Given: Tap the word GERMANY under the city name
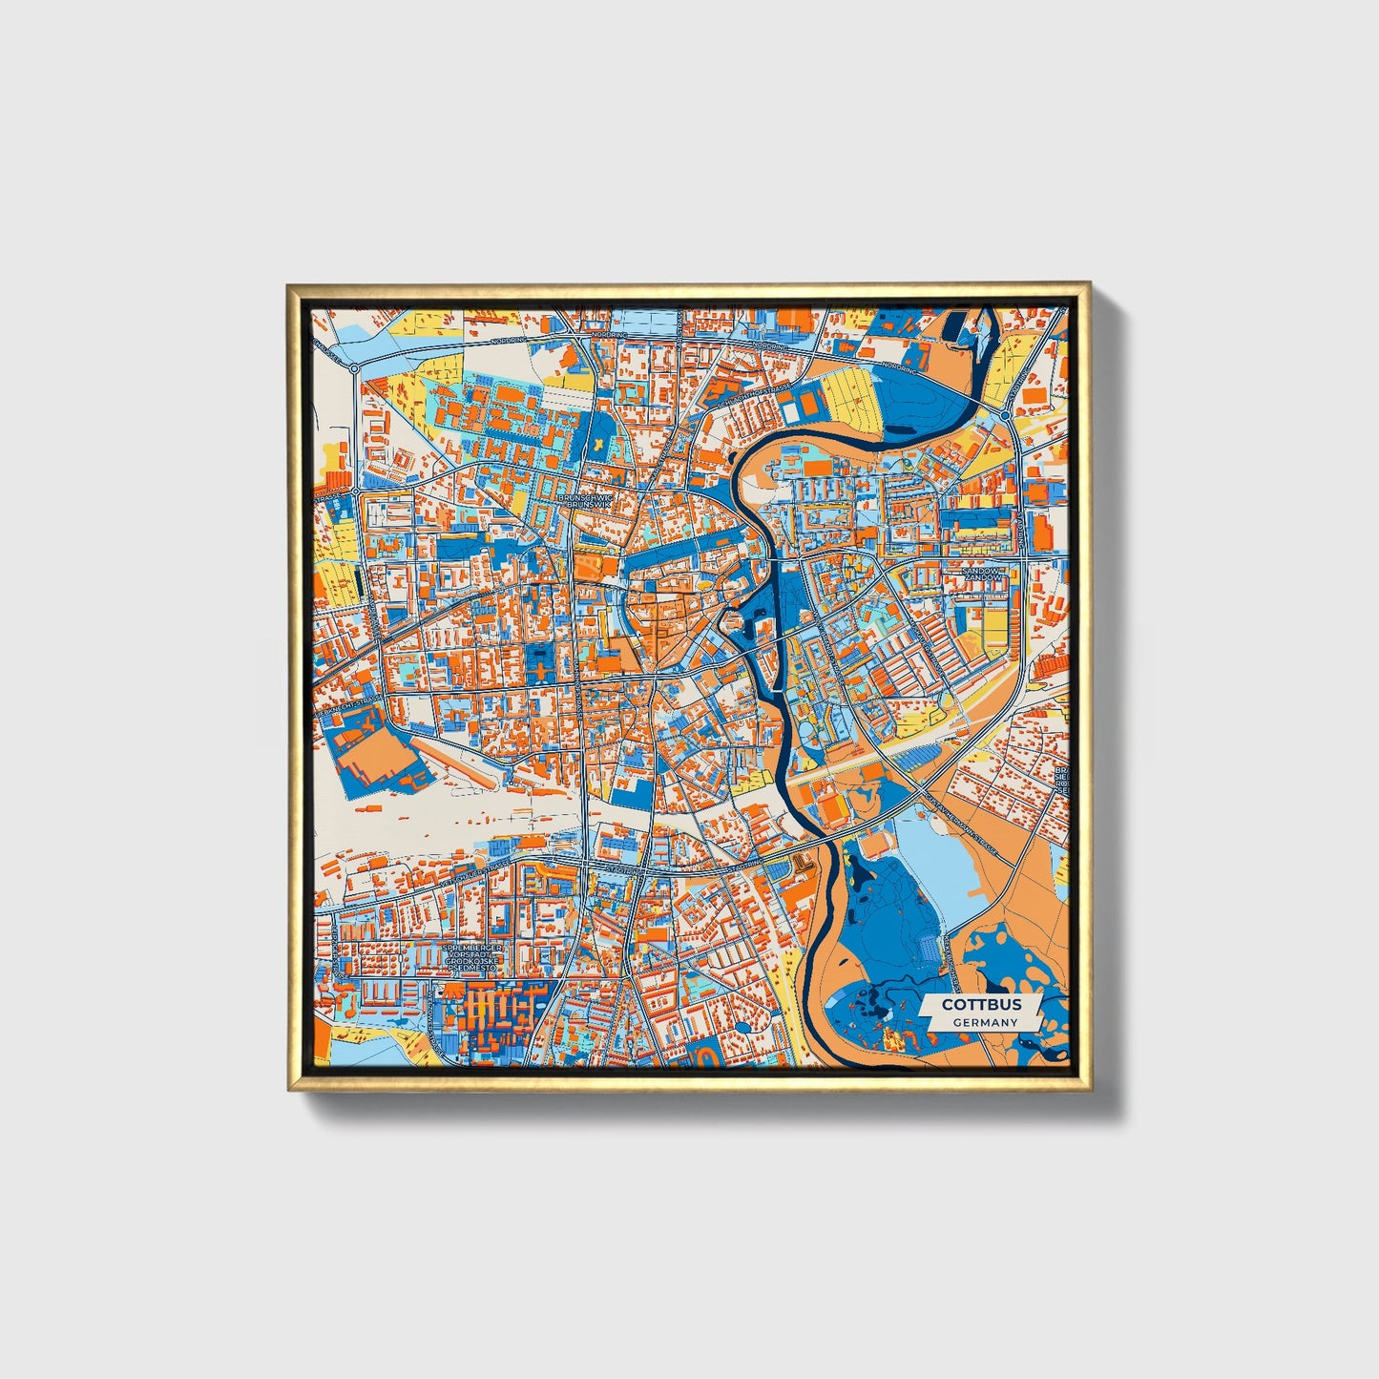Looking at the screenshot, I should (985, 1022).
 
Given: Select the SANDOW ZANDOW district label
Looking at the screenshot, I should (984, 575).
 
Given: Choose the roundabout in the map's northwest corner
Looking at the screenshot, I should (354, 367).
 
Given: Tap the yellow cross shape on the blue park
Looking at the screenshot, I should (600, 437).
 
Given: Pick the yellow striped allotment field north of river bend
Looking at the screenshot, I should (851, 400).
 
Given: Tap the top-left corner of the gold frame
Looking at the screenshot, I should (288, 284).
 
